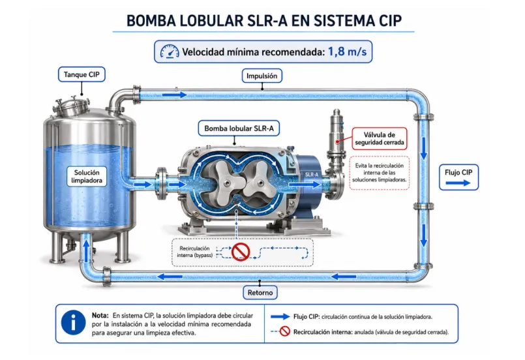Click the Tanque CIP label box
click(82, 74)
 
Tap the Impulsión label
click(262, 76)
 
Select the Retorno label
click(260, 292)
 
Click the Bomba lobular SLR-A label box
click(239, 128)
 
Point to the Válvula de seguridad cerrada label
click(380, 139)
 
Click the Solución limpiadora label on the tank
click(87, 177)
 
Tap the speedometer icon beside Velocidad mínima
click(170, 52)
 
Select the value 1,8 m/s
click(347, 52)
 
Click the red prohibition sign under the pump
click(241, 252)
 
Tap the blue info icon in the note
click(73, 323)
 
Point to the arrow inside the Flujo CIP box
click(458, 183)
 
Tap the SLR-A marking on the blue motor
click(312, 175)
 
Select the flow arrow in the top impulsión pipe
click(174, 95)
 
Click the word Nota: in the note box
click(100, 316)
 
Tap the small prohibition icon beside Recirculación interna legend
click(284, 331)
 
